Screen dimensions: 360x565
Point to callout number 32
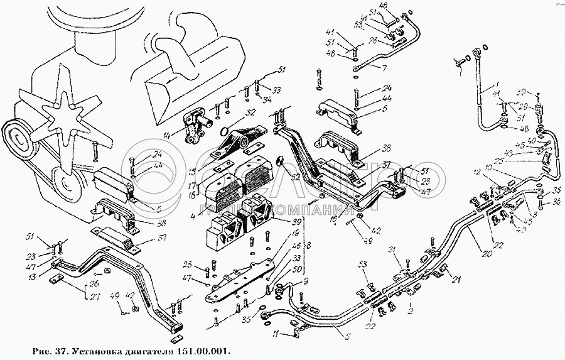[x=250, y=114]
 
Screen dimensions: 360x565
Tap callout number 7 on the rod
[x=385, y=67]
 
